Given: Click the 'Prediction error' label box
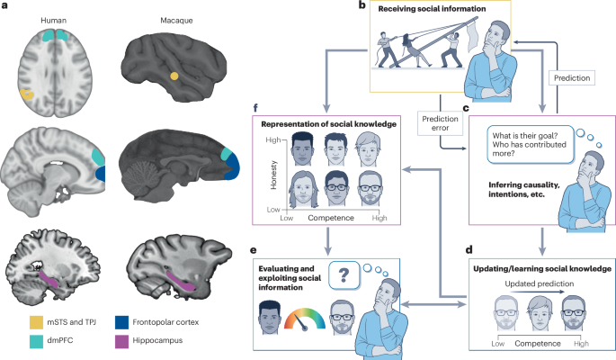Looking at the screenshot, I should (441, 121).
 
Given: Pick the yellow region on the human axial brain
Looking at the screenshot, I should (29, 93).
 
